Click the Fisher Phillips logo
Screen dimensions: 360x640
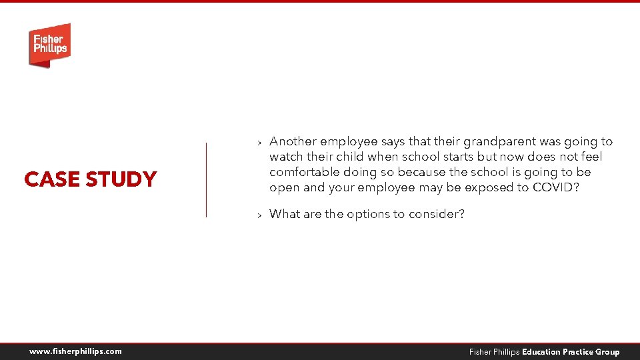pyautogui.click(x=49, y=45)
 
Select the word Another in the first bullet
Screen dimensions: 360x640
pyautogui.click(x=293, y=141)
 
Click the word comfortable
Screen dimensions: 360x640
pyautogui.click(x=304, y=172)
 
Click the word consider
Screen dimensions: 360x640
pyautogui.click(x=437, y=214)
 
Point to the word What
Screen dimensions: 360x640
pyautogui.click(x=285, y=214)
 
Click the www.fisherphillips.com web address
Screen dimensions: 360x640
pyautogui.click(x=75, y=351)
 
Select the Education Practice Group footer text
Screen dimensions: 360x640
pyautogui.click(x=571, y=352)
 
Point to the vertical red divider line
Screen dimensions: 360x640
pyautogui.click(x=206, y=179)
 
